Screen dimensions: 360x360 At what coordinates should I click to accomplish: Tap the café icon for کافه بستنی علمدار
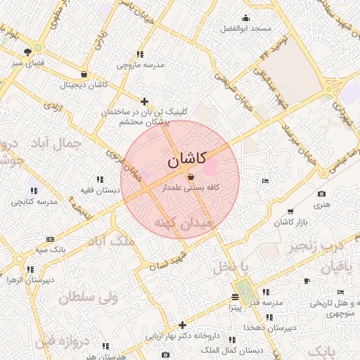point(192,177)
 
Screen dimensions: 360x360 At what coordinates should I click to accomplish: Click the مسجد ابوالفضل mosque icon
point(245,18)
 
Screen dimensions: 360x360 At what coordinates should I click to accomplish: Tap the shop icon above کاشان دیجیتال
point(84,75)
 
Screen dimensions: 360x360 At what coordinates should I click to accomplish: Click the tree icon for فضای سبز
point(27,51)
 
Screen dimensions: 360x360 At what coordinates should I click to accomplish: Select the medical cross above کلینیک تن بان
point(145,101)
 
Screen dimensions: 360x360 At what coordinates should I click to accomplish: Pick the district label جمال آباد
point(57,143)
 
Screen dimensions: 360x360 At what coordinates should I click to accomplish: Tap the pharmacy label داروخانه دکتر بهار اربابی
point(182,335)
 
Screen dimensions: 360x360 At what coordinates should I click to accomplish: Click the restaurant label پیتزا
point(235,307)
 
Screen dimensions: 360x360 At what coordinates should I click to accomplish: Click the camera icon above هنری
point(321,194)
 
